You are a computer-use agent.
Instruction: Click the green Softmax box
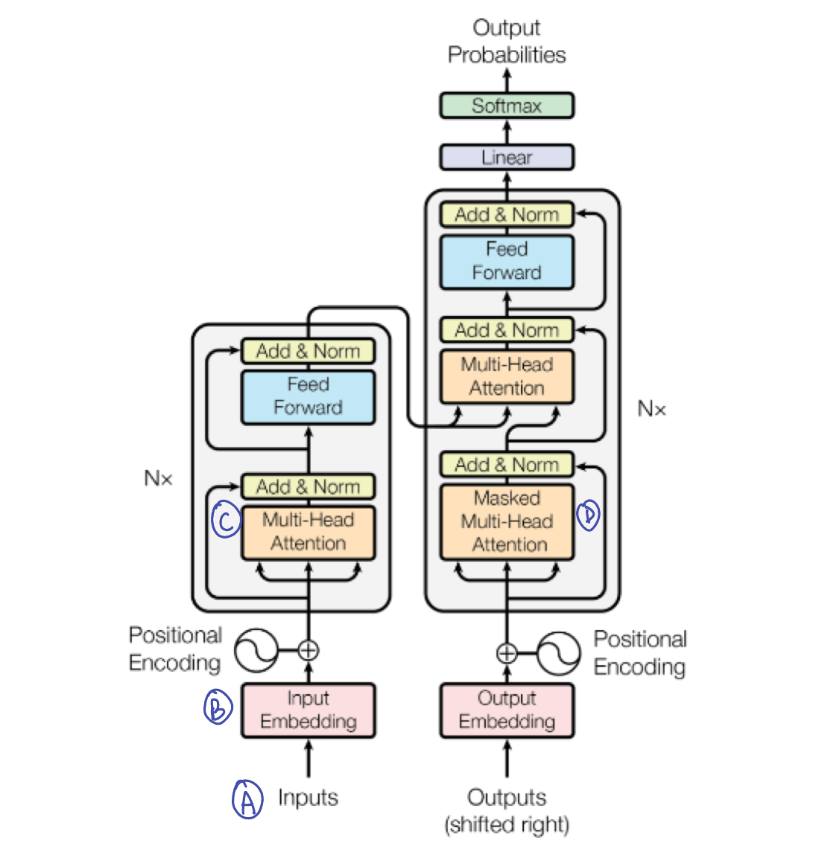(x=507, y=106)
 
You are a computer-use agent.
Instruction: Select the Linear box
(x=507, y=158)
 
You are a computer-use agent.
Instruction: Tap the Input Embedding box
(x=308, y=711)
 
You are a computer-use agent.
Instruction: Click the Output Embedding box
(x=507, y=711)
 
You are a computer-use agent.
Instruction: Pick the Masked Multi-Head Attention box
(x=507, y=522)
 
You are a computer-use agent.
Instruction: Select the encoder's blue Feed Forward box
(x=308, y=397)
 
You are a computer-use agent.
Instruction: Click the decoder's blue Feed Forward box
(x=507, y=261)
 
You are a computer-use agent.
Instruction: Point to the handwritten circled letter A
(x=247, y=799)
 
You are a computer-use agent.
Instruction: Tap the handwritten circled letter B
(x=218, y=706)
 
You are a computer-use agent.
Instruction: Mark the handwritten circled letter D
(x=588, y=515)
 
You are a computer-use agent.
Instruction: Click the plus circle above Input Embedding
(x=308, y=650)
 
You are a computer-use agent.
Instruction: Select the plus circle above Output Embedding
(x=507, y=653)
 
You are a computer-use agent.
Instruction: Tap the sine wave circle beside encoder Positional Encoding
(x=256, y=650)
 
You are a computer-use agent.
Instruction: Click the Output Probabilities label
(x=507, y=41)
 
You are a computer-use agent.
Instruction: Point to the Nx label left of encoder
(x=158, y=478)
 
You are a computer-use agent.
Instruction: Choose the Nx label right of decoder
(x=652, y=408)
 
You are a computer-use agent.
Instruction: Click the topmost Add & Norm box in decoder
(x=507, y=215)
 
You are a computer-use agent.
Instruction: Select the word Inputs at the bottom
(x=308, y=798)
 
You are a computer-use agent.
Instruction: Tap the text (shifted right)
(x=507, y=825)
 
